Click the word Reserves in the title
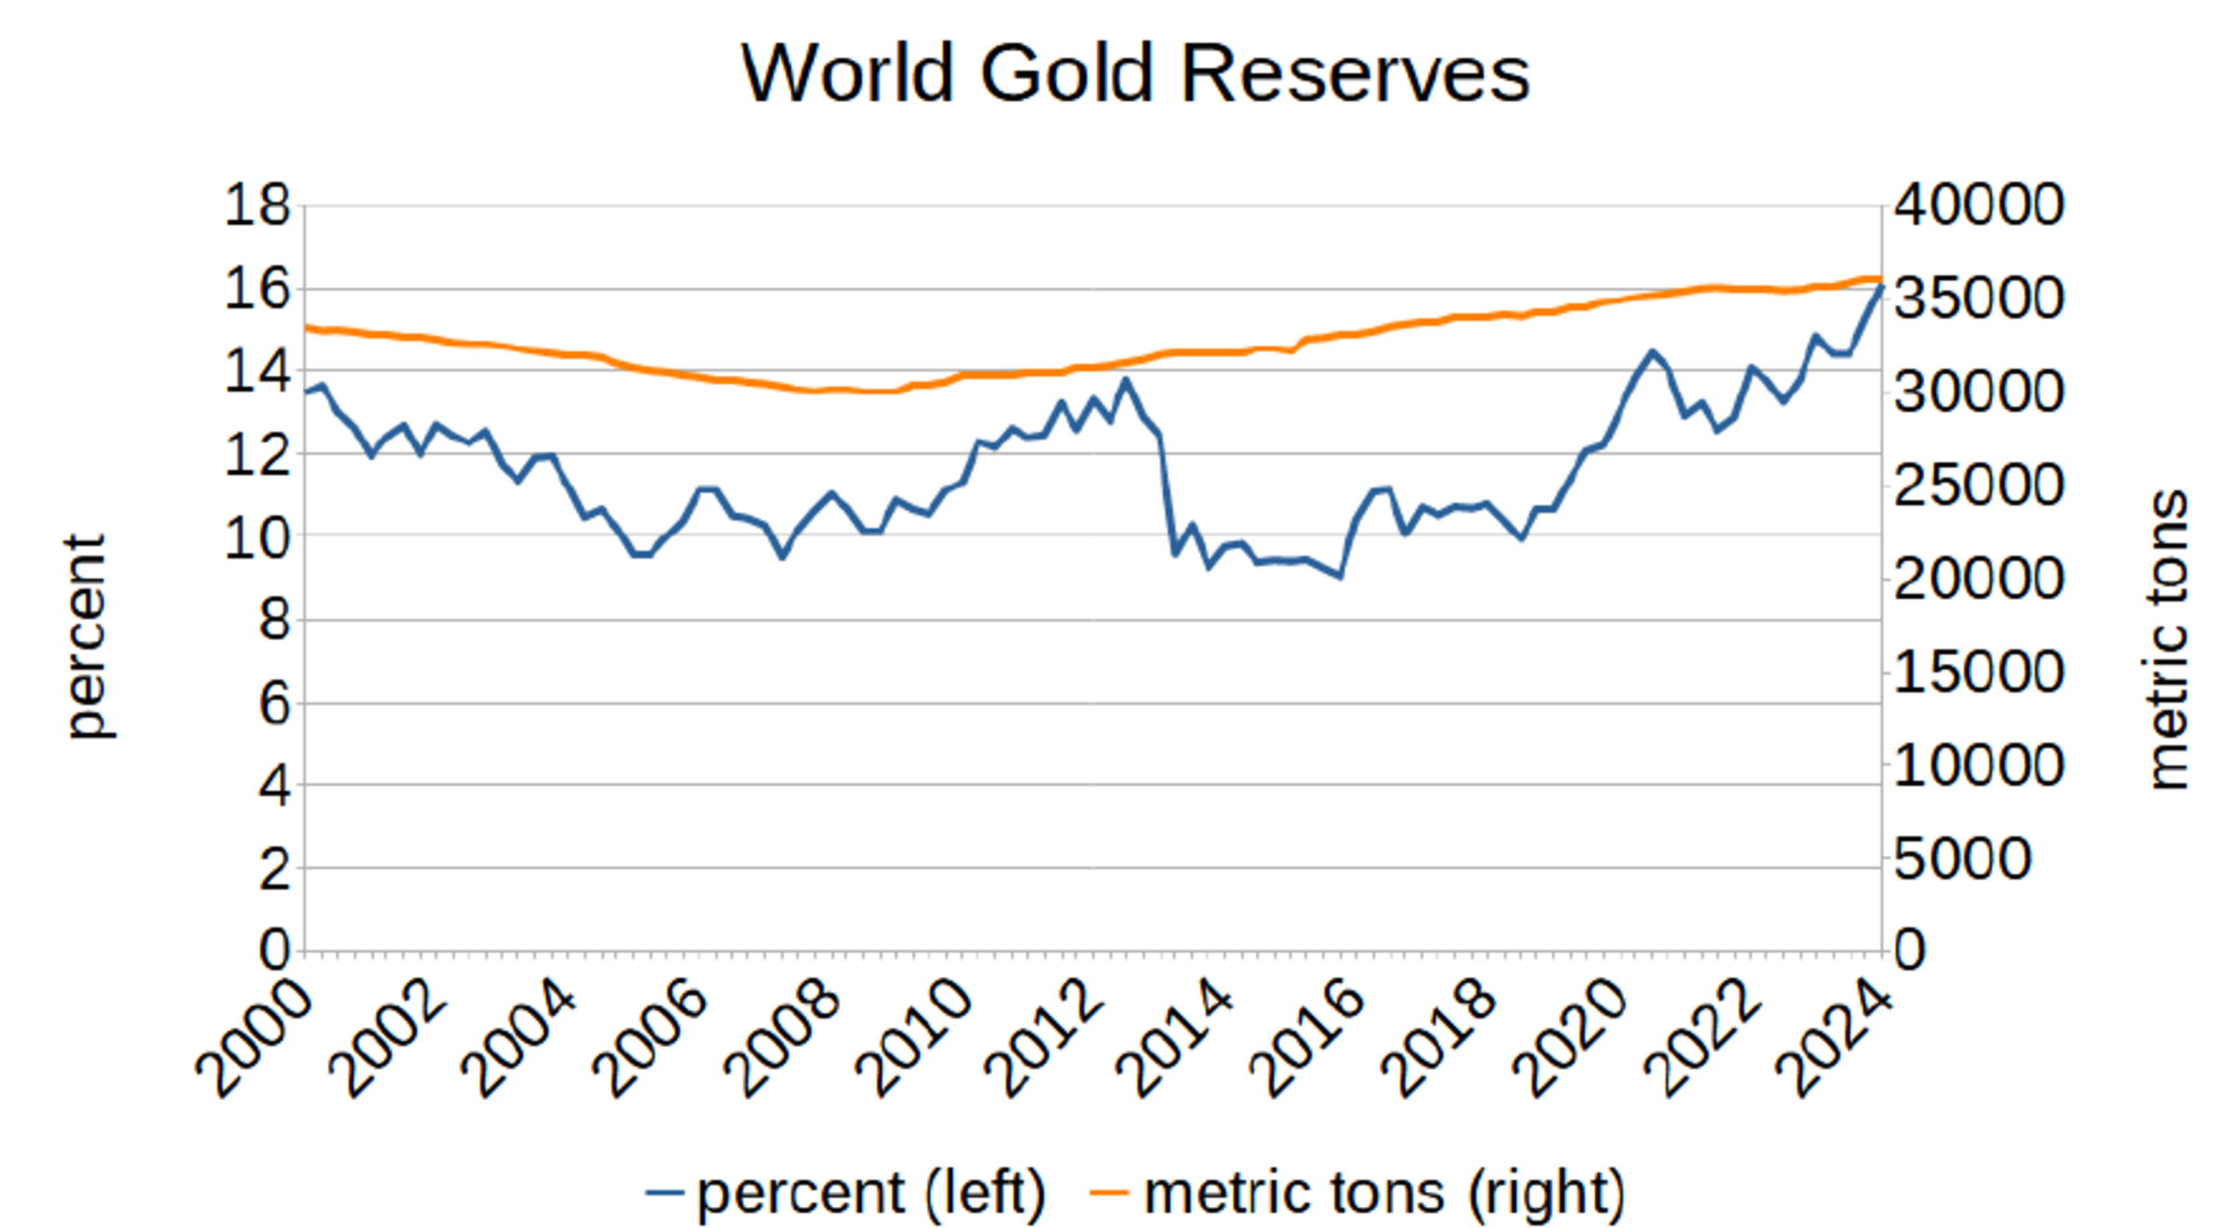click(1355, 74)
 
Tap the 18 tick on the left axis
click(257, 205)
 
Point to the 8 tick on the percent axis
click(274, 619)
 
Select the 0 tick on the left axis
click(274, 950)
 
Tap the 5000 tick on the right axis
click(1962, 859)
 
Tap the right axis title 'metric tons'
click(2167, 639)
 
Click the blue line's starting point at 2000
click(306, 392)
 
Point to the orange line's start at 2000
click(306, 327)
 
